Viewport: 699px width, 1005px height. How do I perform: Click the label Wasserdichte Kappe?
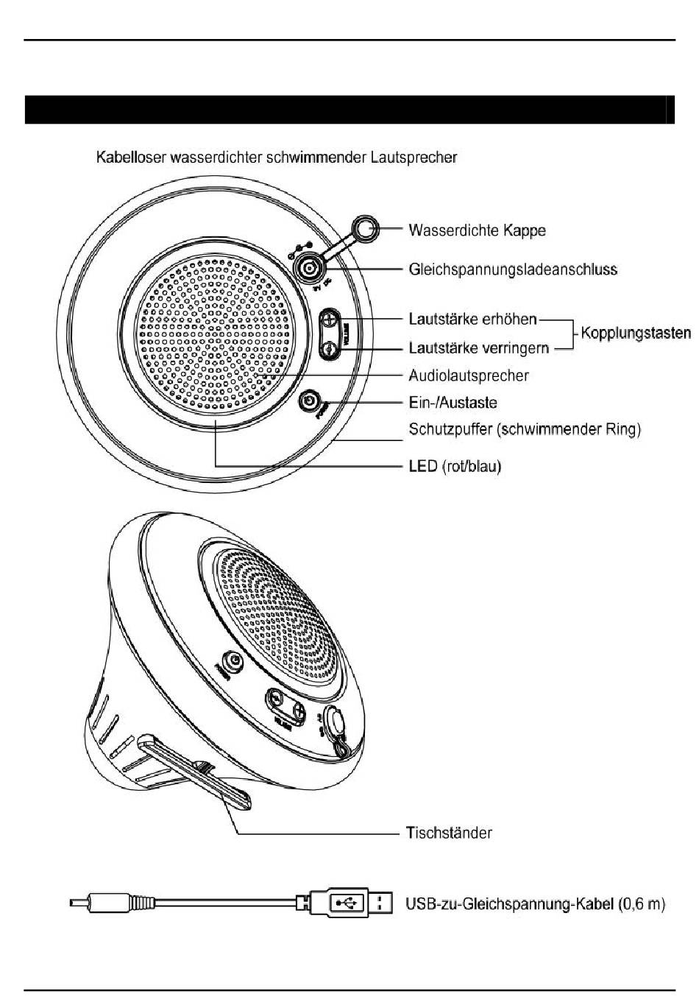pos(477,230)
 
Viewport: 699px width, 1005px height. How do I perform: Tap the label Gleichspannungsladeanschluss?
pos(512,269)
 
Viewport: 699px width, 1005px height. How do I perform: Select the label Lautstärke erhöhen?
pos(472,320)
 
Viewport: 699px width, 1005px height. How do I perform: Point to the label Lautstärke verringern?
pos(478,348)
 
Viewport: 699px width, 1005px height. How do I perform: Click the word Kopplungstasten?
pos(636,333)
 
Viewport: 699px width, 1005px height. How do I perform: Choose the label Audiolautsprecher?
pos(468,375)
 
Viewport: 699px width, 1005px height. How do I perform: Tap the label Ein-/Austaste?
pos(453,403)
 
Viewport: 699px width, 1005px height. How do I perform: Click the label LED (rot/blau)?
pos(455,467)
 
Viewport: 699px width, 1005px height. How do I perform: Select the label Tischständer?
pos(449,833)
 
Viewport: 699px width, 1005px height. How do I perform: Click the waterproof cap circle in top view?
pos(366,228)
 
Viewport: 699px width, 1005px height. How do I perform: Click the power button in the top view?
pos(310,402)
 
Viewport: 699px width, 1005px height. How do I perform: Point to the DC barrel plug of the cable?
pos(110,902)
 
